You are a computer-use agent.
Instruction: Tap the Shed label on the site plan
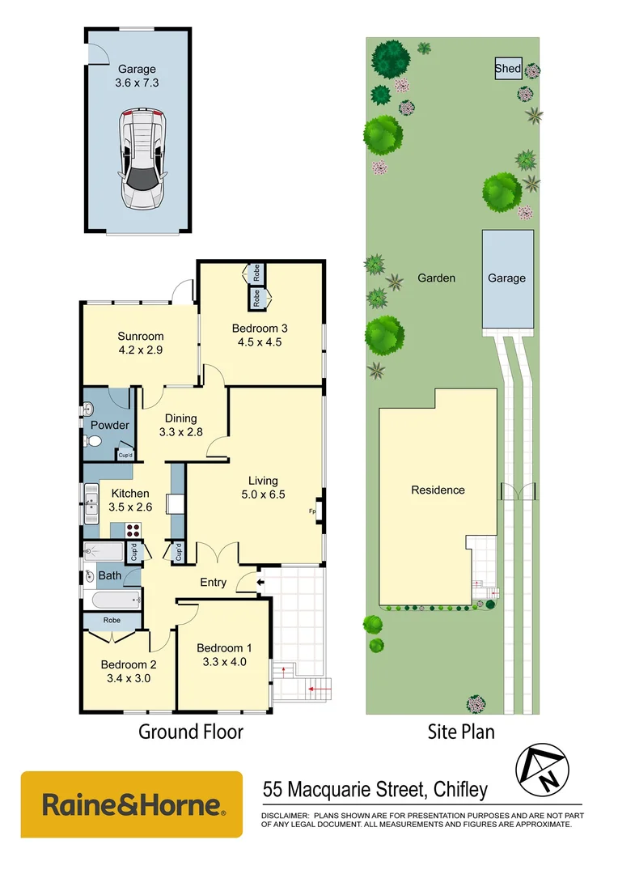(508, 69)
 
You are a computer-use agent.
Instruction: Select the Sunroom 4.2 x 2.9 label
(141, 343)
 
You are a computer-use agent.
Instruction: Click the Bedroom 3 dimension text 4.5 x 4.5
(260, 342)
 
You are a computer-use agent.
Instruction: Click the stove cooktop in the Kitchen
(132, 530)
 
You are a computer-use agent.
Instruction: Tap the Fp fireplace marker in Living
(313, 511)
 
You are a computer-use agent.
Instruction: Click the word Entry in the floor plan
(214, 582)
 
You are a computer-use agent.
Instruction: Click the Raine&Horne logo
(131, 804)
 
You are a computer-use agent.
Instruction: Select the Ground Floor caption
(191, 732)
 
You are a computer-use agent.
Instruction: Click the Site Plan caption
(461, 732)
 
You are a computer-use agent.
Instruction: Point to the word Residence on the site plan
(438, 490)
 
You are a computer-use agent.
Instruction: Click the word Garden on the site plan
(436, 278)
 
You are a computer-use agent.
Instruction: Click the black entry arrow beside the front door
(260, 581)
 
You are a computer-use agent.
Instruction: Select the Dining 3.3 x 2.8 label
(181, 425)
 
